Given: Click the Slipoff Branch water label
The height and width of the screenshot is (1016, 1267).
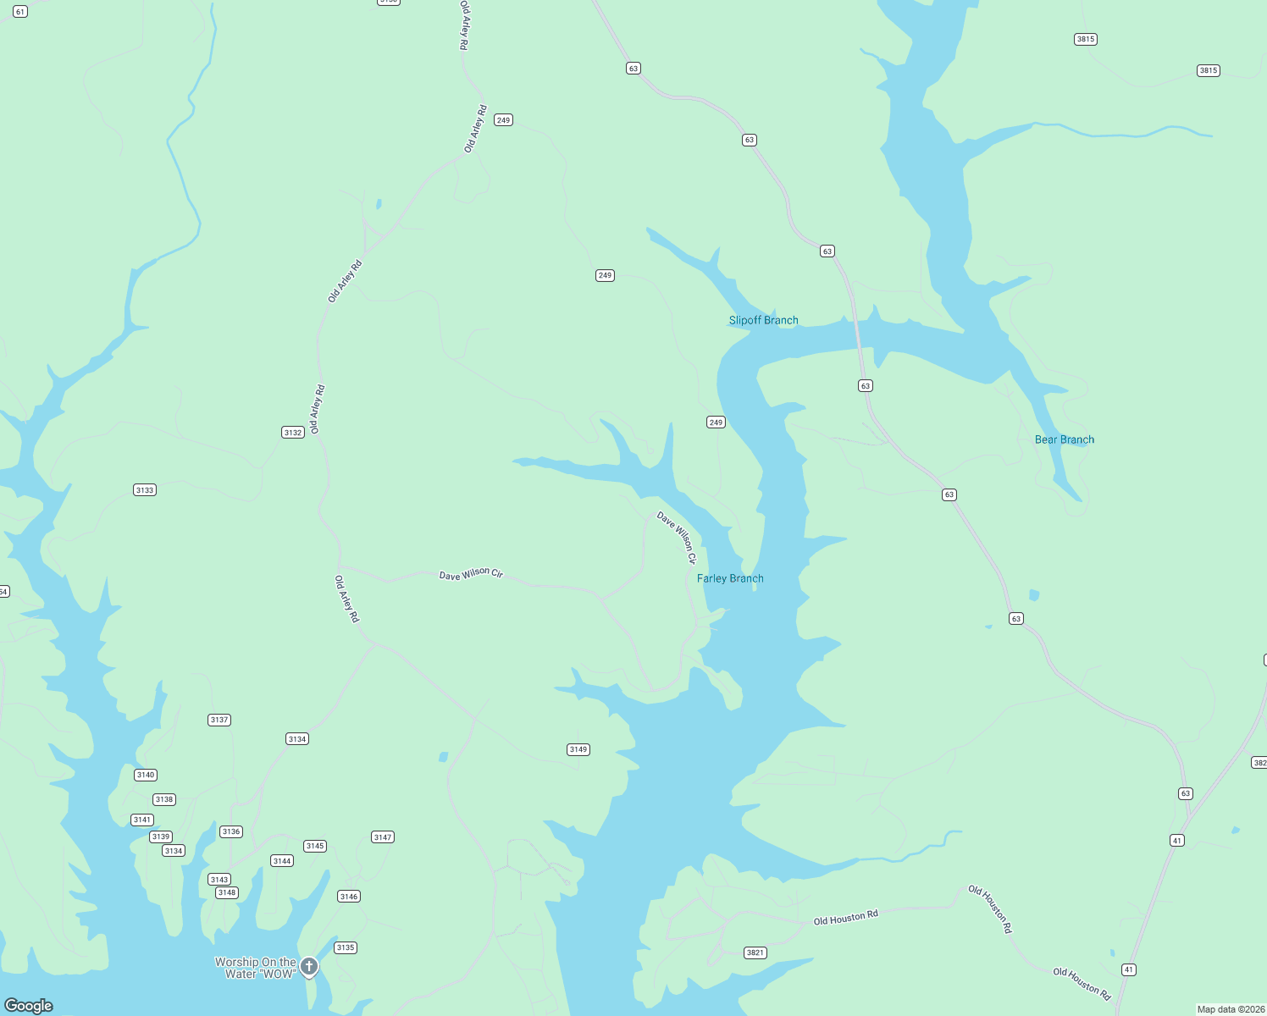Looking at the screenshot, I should tap(763, 320).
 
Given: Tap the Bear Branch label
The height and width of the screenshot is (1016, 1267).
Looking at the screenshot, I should tap(1064, 439).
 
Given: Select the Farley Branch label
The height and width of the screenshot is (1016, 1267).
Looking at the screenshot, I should tap(730, 578).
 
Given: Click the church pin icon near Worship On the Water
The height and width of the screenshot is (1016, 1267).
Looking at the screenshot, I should tap(310, 966).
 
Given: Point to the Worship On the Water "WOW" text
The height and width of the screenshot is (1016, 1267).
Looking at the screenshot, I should tap(255, 968).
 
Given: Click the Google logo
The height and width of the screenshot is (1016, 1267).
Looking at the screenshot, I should tap(29, 1005).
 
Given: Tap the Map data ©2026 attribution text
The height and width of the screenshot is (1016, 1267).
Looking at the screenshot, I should tap(1230, 1009).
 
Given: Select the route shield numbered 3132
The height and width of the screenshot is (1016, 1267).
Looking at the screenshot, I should tap(293, 433).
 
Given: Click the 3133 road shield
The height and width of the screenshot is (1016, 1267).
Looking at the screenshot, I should tap(145, 490).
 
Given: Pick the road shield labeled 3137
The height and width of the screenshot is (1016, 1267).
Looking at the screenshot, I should tap(219, 720).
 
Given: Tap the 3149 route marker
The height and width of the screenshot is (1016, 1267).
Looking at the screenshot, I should tap(578, 749).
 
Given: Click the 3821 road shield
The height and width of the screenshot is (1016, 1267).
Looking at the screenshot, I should tap(755, 952).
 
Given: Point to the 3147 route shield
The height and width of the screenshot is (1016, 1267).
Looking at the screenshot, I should tap(383, 837).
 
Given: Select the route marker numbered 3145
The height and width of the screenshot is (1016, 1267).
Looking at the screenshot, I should tap(315, 846).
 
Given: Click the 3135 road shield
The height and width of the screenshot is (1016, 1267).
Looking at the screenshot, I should tap(346, 947).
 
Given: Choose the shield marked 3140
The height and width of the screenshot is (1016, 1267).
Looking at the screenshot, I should tap(146, 775).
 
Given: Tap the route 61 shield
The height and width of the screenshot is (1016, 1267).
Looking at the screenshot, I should tap(20, 12).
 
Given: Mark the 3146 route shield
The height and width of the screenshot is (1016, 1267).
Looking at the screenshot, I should tap(349, 896).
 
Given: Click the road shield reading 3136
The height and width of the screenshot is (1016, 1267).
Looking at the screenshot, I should tap(231, 831).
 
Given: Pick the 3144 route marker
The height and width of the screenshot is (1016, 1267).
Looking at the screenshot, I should tap(282, 861).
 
